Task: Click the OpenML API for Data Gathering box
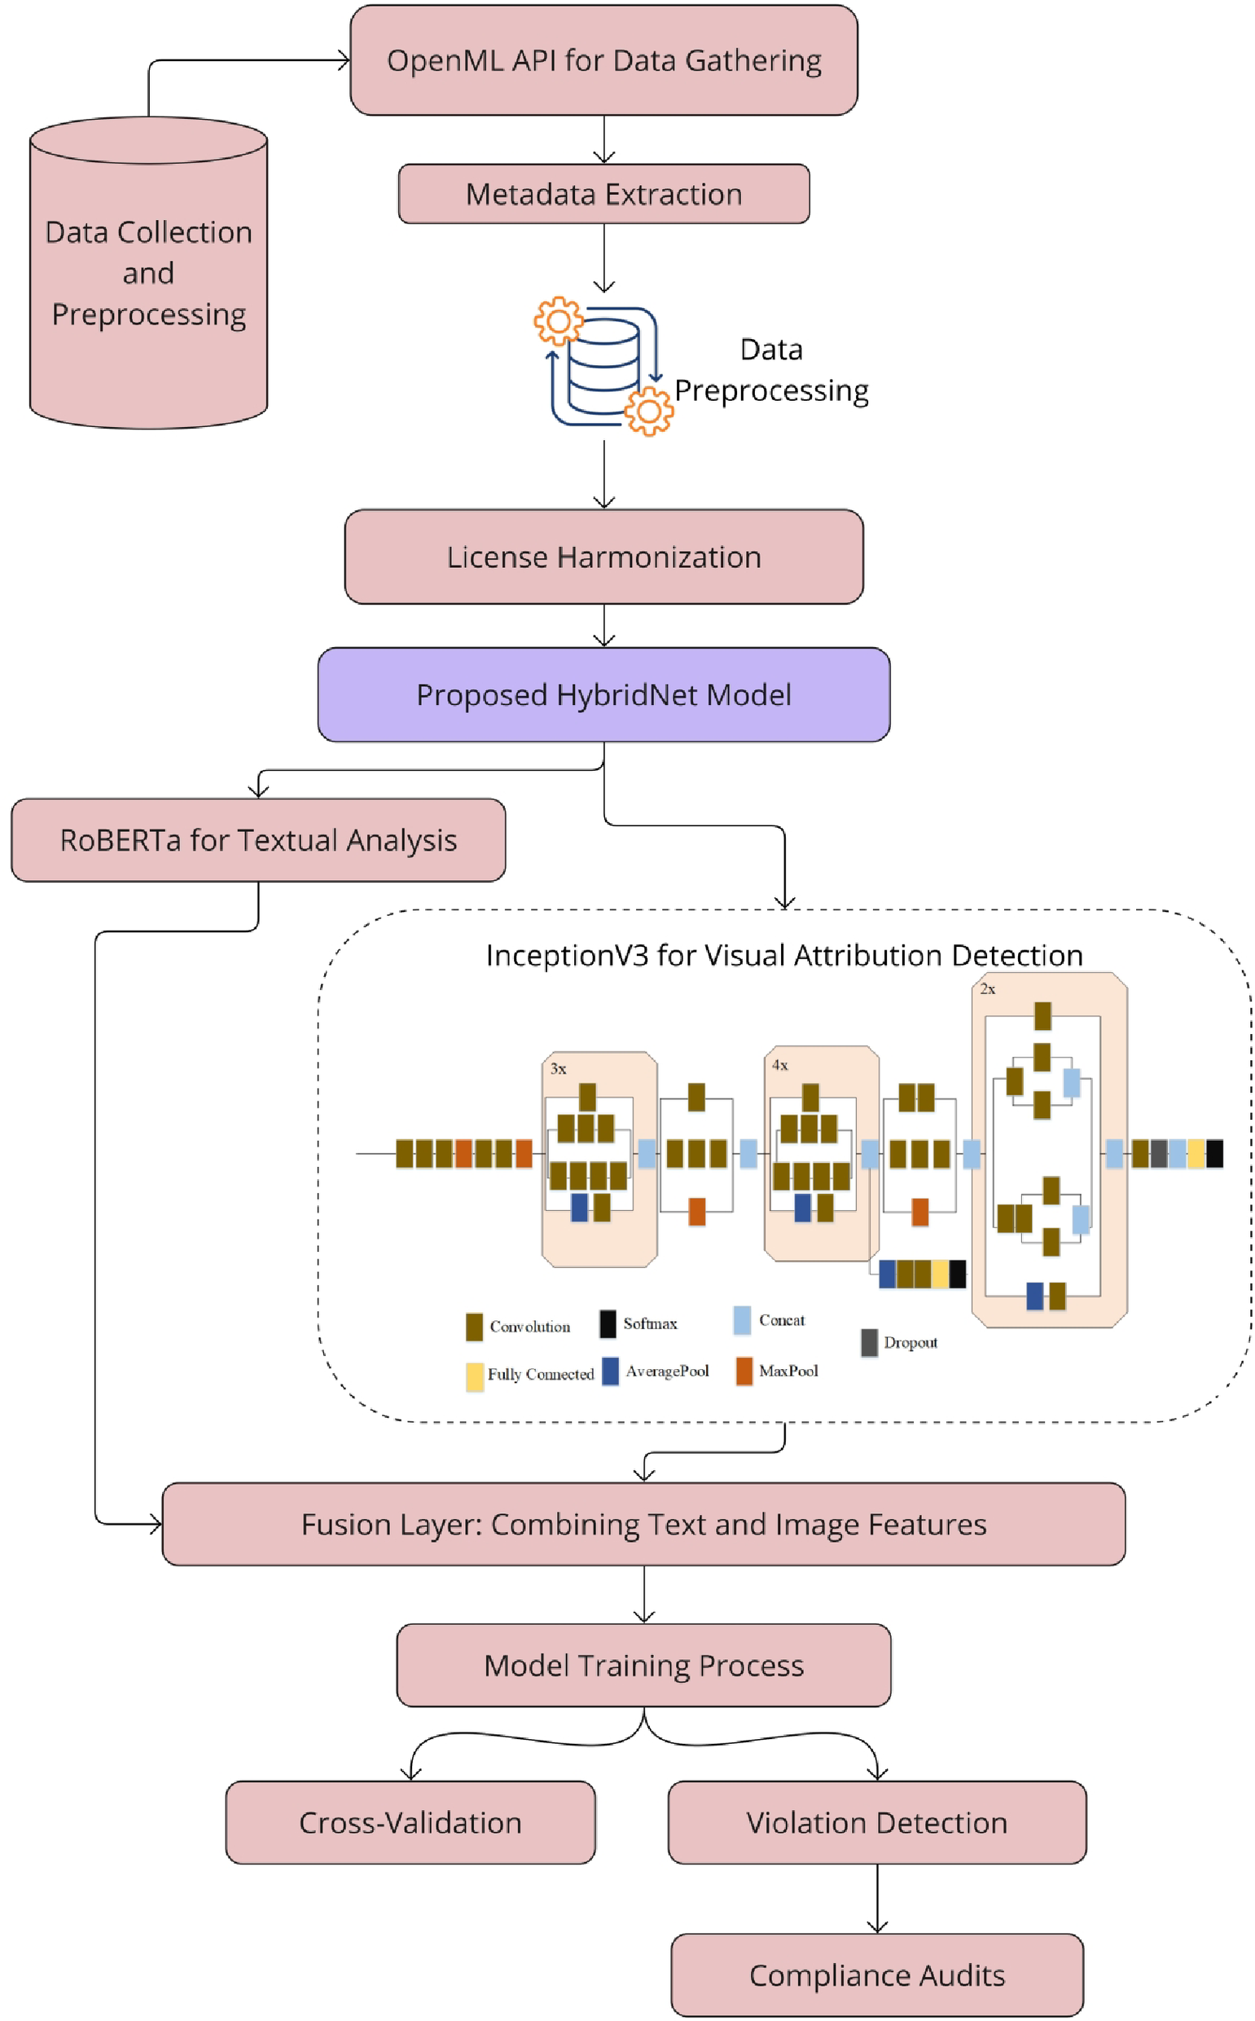(x=603, y=60)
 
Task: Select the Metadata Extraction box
(x=603, y=194)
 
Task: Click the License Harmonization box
(x=603, y=557)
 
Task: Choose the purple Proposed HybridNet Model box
(x=603, y=695)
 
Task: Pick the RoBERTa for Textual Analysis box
(x=258, y=840)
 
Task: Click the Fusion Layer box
(x=643, y=1525)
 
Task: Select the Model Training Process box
(x=643, y=1666)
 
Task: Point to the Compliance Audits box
(x=876, y=1975)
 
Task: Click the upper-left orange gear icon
(x=559, y=320)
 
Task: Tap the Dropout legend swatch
(x=869, y=1343)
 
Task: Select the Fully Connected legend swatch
(x=475, y=1376)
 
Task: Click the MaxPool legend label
(x=788, y=1371)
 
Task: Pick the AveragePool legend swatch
(x=610, y=1371)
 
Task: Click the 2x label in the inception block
(x=988, y=989)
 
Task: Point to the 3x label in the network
(x=559, y=1068)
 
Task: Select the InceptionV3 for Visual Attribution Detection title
(x=784, y=956)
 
